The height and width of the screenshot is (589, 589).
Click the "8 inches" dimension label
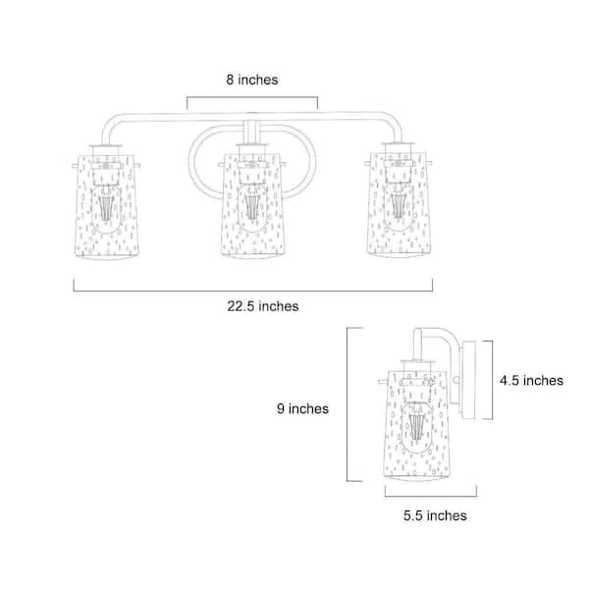coord(252,80)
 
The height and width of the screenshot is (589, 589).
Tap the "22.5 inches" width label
coord(262,306)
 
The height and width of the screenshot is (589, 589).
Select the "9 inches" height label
coord(302,408)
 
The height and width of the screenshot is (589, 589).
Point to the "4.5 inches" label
coord(531,381)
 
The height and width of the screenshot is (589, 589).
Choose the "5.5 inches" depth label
coord(435,515)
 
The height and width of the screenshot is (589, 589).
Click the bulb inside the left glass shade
coord(106,209)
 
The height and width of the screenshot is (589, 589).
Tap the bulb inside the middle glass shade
coord(252,208)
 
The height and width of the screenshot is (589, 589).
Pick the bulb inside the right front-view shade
coord(399,206)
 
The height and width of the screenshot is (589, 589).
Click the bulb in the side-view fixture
coord(417,427)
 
